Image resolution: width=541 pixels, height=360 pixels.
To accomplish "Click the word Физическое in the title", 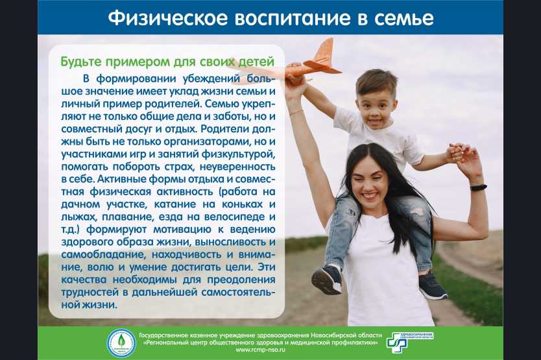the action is point(168,18).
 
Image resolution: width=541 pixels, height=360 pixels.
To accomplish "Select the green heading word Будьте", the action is point(81,62).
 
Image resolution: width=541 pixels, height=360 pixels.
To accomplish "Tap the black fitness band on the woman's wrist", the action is point(479,187).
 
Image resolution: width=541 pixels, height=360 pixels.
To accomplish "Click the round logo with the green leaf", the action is point(121,342).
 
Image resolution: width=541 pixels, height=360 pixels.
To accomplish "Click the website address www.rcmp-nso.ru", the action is point(261,350).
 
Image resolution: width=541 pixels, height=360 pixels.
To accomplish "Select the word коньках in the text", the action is point(242,204).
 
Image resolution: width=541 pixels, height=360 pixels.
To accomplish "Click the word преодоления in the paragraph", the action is point(241,280).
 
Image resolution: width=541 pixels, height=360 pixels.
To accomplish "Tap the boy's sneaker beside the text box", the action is point(327,279).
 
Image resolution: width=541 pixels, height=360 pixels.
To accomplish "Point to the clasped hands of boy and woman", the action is point(458,152).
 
